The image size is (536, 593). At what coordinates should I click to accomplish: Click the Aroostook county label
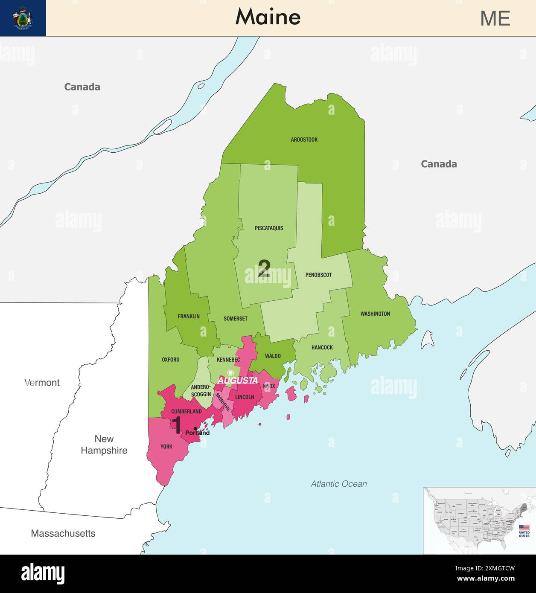tap(304, 140)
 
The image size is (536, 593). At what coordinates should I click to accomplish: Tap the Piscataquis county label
tap(269, 228)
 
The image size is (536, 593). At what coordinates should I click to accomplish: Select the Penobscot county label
tap(318, 275)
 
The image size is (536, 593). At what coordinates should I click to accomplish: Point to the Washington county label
tap(375, 314)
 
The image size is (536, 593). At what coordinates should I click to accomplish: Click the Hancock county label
tap(322, 348)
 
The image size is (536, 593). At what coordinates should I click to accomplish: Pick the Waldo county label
tap(273, 356)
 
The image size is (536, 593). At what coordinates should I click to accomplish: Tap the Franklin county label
tap(189, 317)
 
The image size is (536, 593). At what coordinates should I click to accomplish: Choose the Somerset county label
tap(236, 319)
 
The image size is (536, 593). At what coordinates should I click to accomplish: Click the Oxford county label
tap(170, 360)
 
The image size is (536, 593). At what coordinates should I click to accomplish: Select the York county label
tap(166, 447)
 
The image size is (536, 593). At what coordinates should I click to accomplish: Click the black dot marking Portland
tap(195, 428)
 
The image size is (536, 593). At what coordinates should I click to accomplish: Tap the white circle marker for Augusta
tap(230, 373)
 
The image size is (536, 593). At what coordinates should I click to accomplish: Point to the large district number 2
tap(264, 269)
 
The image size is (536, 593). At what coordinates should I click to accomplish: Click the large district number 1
tap(177, 425)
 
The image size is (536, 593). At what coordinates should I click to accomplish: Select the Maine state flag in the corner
tap(23, 18)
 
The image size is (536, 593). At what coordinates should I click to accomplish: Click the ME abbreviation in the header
tap(495, 18)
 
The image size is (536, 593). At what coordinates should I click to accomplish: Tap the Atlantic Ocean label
tap(338, 484)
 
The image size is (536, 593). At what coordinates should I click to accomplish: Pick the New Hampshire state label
tap(104, 445)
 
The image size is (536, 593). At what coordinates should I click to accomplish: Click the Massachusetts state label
tap(63, 533)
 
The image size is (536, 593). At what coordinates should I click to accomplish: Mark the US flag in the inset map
tap(524, 528)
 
